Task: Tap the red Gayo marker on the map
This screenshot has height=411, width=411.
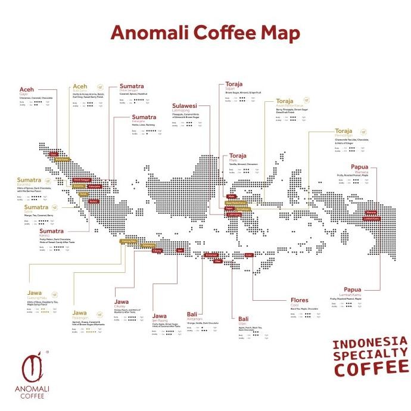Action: pyautogui.click(x=54, y=154)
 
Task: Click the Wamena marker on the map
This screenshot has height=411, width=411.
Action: pyautogui.click(x=371, y=212)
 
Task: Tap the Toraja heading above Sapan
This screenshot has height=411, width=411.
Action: pyautogui.click(x=234, y=84)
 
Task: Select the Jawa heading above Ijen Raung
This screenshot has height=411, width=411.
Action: pyautogui.click(x=160, y=315)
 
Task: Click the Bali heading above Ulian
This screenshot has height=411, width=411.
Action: pyautogui.click(x=244, y=319)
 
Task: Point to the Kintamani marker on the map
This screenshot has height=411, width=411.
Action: pyautogui.click(x=211, y=255)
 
